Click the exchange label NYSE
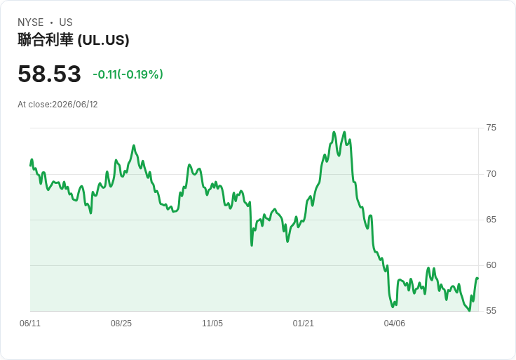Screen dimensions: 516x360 click(x=31, y=22)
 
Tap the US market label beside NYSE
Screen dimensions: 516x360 click(x=66, y=22)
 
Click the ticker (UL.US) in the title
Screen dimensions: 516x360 click(x=103, y=40)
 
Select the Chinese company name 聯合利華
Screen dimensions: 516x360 click(x=46, y=40)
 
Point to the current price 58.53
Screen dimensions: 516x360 click(x=49, y=74)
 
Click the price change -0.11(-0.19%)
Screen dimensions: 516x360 click(x=128, y=74)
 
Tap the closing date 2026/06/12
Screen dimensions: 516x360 click(x=75, y=105)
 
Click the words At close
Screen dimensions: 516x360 click(x=34, y=105)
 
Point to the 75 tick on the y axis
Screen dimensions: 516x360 click(x=491, y=128)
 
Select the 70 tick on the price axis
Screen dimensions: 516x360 click(x=491, y=174)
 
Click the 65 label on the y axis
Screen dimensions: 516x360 click(x=491, y=220)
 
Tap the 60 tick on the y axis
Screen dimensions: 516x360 click(x=491, y=265)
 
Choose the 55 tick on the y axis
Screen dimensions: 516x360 click(x=491, y=311)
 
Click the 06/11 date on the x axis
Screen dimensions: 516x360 click(x=30, y=324)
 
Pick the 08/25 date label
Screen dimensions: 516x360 click(x=121, y=324)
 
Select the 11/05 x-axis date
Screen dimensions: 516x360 click(x=212, y=324)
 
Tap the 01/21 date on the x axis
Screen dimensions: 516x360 click(x=303, y=324)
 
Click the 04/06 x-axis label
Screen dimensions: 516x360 click(x=394, y=324)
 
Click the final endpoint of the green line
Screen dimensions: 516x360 click(x=478, y=279)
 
